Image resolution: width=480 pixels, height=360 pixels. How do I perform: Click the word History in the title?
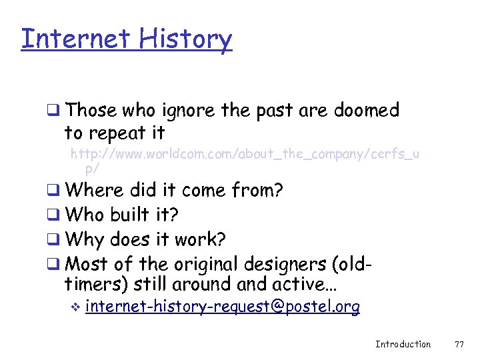pos(186,39)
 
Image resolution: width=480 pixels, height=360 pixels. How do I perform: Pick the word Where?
pos(95,191)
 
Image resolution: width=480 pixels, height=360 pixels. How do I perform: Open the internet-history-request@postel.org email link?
pos(223,307)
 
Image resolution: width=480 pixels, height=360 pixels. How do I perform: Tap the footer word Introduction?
pos(403,344)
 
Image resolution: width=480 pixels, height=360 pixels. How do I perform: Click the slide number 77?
pos(459,344)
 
